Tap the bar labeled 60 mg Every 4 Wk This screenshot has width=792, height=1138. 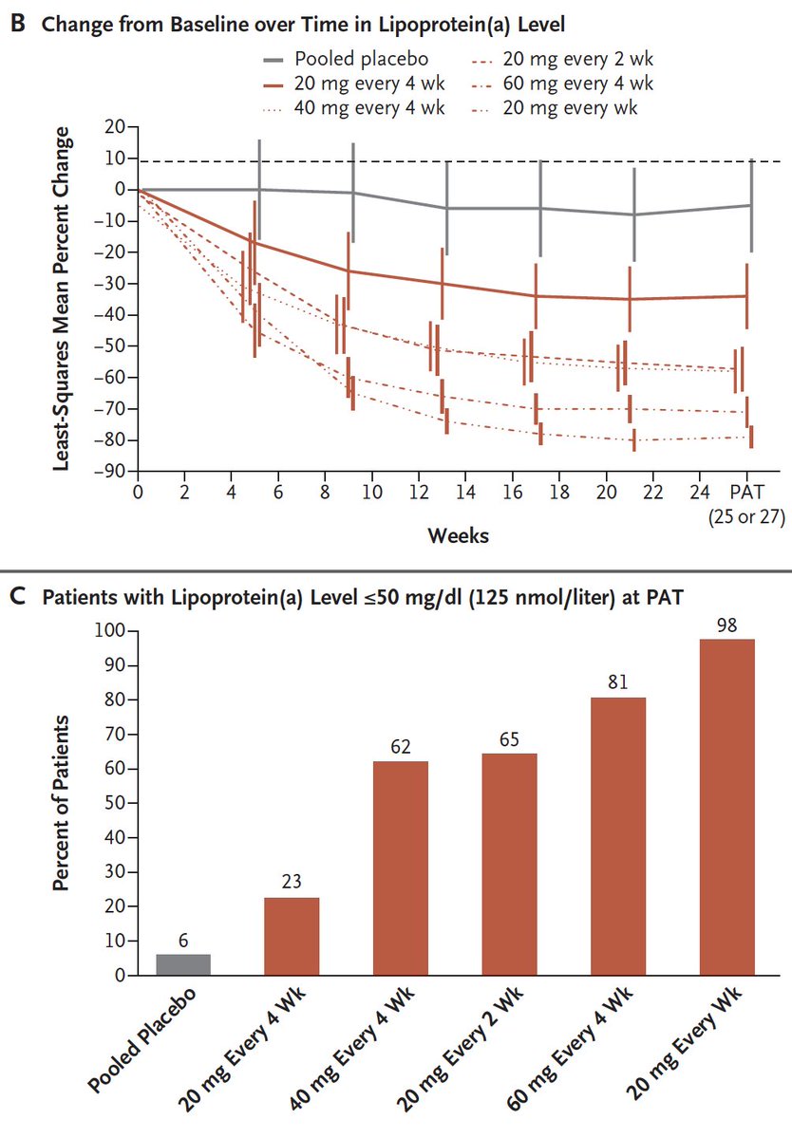(618, 836)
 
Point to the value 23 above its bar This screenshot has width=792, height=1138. (292, 883)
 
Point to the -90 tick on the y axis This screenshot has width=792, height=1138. (113, 471)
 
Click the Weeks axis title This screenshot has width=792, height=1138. (459, 535)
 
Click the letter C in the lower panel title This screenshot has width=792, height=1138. (16, 599)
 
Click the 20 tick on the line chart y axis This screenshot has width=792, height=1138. (116, 127)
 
